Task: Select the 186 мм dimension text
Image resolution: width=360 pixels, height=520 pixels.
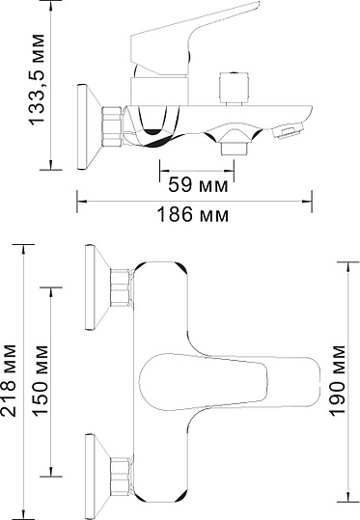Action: [x=200, y=214]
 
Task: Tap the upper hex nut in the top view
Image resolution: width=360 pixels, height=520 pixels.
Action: [x=122, y=287]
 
